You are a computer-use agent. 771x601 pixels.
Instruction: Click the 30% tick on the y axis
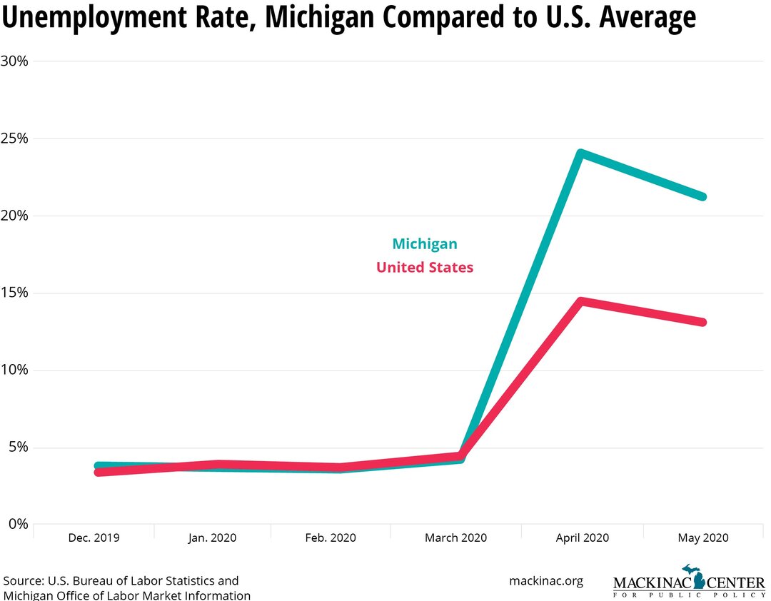pyautogui.click(x=14, y=61)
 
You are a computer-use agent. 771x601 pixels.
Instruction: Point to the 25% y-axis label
pyautogui.click(x=14, y=138)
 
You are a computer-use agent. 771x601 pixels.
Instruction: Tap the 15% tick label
pyautogui.click(x=14, y=293)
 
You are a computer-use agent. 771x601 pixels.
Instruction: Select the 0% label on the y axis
pyautogui.click(x=18, y=525)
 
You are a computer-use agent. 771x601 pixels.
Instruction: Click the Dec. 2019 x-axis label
pyautogui.click(x=95, y=538)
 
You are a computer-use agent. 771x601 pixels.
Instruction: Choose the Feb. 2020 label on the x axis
pyautogui.click(x=331, y=538)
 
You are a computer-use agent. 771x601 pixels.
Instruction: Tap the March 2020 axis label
pyautogui.click(x=455, y=538)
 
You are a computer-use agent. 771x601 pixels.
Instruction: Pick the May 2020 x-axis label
pyautogui.click(x=702, y=538)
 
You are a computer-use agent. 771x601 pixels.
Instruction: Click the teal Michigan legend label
pyautogui.click(x=425, y=244)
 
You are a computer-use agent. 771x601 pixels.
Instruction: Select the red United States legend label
pyautogui.click(x=425, y=268)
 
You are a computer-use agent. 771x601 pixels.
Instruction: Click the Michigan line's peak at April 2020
pyautogui.click(x=581, y=153)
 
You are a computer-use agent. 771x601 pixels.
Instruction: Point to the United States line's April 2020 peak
pyautogui.click(x=583, y=302)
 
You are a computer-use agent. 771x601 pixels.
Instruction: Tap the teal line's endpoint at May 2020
pyautogui.click(x=702, y=196)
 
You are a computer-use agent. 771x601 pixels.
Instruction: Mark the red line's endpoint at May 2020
pyautogui.click(x=702, y=322)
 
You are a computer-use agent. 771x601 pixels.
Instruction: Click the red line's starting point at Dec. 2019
pyautogui.click(x=99, y=472)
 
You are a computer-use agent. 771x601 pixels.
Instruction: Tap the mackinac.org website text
pyautogui.click(x=545, y=581)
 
